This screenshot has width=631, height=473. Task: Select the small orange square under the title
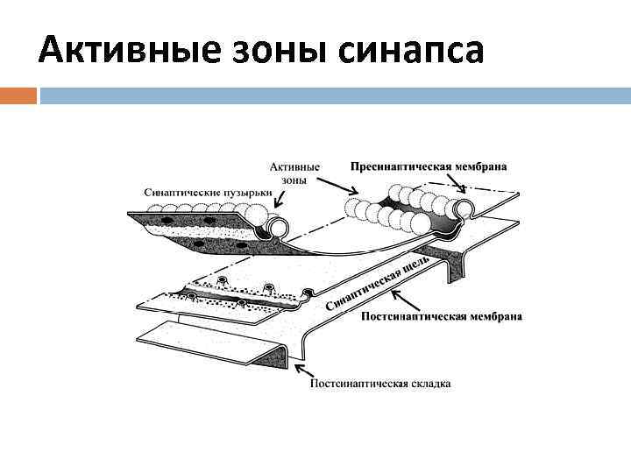[x=18, y=95]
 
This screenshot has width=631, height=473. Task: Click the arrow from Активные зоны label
[x=334, y=184]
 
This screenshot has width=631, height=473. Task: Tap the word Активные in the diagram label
[x=294, y=166]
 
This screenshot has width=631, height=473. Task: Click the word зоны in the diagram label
[x=295, y=179]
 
